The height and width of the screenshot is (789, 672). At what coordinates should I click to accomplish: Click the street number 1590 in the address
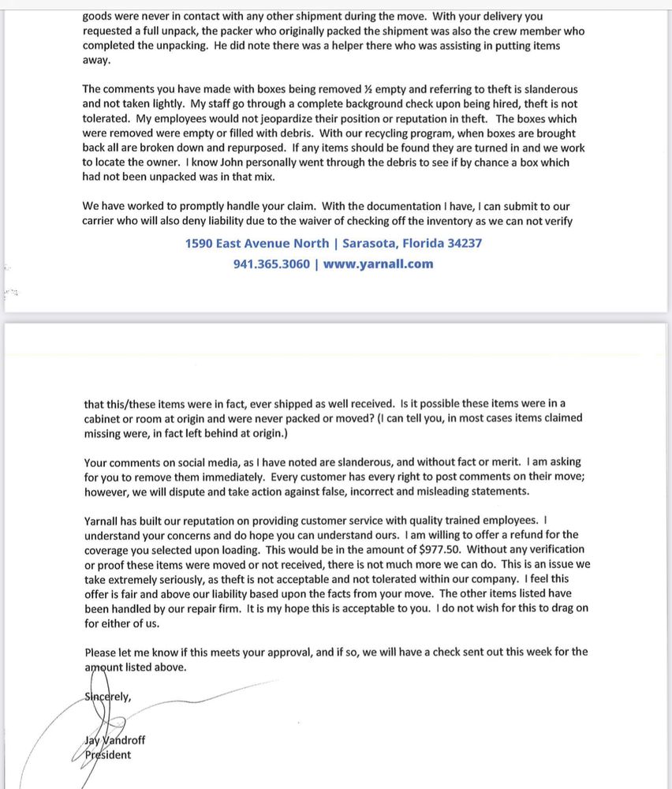click(x=200, y=244)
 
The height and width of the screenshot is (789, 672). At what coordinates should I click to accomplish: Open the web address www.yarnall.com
click(x=378, y=264)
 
